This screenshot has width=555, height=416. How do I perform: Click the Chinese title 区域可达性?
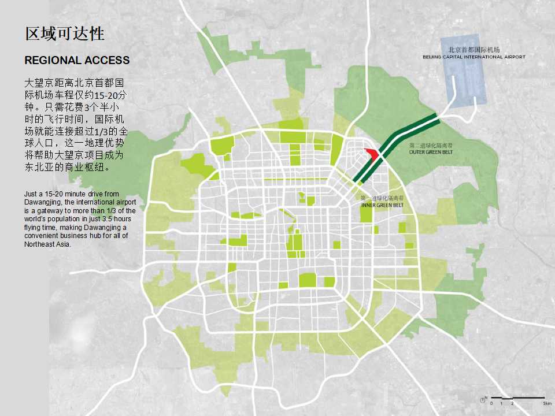(65, 34)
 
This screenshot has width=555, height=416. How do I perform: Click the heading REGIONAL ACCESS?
(77, 60)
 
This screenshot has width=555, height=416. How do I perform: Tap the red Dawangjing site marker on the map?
(372, 154)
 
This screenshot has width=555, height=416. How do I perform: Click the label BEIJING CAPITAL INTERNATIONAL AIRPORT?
(474, 57)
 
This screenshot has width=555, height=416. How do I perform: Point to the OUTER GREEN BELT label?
(431, 152)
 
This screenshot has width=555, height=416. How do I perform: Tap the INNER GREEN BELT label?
(382, 205)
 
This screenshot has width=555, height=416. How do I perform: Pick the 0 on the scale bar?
(491, 403)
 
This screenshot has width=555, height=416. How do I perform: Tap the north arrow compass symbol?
(483, 399)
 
